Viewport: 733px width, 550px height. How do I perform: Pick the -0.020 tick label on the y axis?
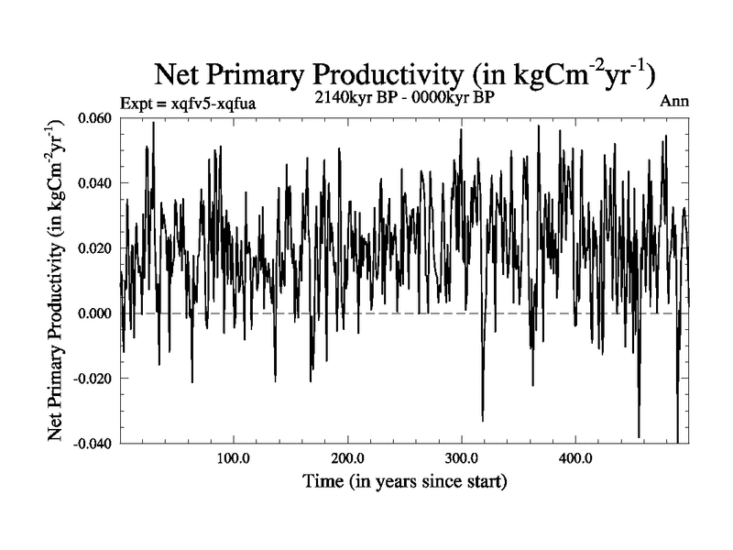[95, 379]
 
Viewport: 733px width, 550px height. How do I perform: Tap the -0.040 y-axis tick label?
[95, 444]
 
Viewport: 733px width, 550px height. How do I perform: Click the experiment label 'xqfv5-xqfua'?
[207, 103]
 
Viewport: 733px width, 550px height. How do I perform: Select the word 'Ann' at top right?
[673, 101]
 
